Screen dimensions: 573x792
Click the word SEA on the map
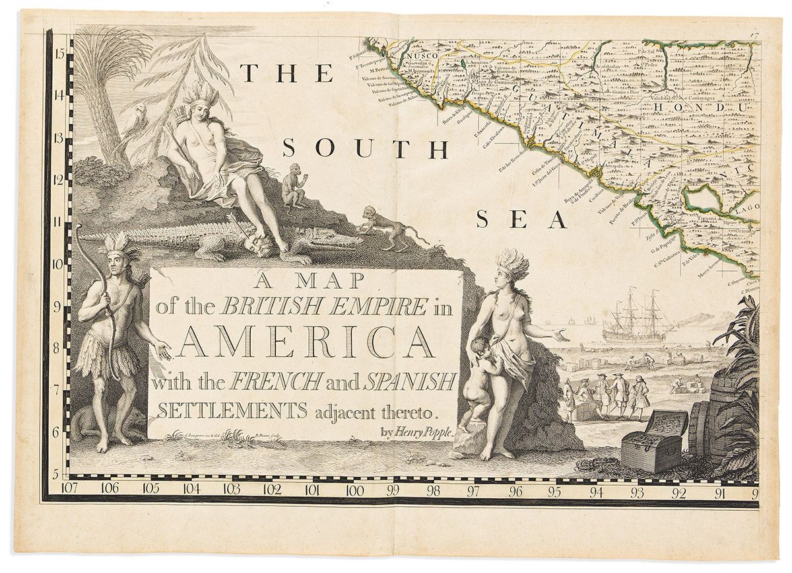point(521,219)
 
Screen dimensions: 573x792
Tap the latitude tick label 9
point(59,307)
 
